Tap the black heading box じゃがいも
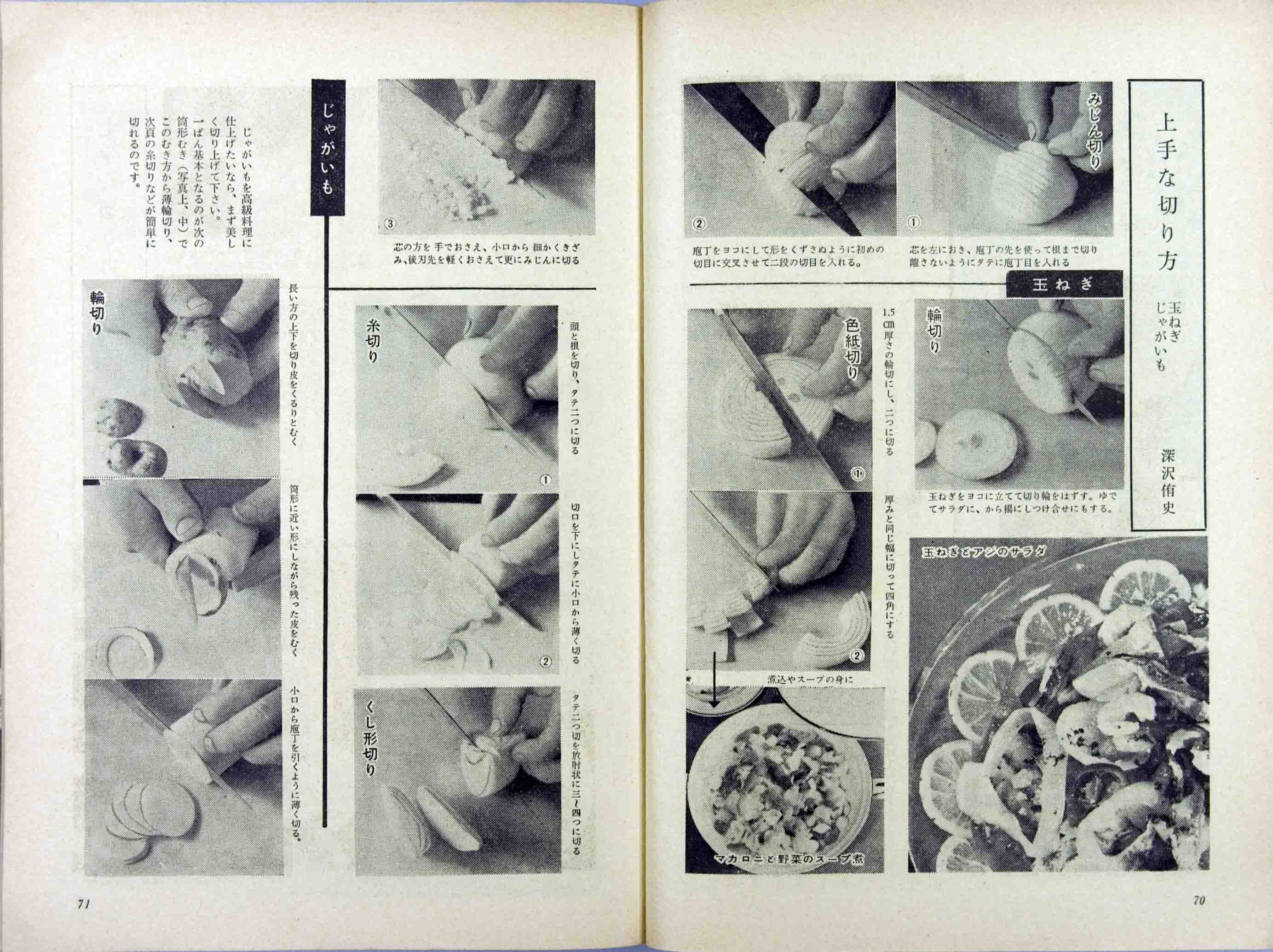pyautogui.click(x=328, y=147)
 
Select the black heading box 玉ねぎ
pyautogui.click(x=1064, y=284)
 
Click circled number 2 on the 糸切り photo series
pyautogui.click(x=546, y=661)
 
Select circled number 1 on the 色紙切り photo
pyautogui.click(x=858, y=473)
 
